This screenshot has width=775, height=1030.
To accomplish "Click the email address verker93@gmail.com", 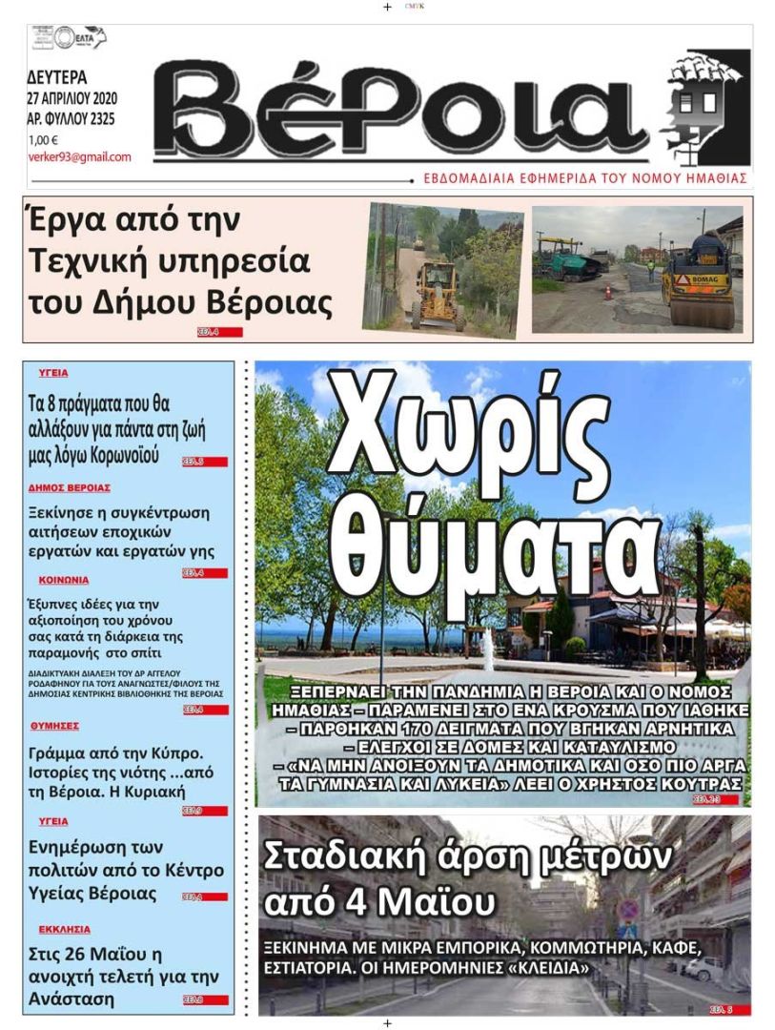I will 80,157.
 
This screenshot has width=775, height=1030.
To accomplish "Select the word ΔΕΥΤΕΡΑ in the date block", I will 58,77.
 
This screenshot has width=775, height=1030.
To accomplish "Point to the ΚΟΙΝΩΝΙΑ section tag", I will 64,580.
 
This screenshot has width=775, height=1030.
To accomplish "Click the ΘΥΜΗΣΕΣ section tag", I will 54,726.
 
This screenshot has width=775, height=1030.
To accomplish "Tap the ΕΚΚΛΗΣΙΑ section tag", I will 65,928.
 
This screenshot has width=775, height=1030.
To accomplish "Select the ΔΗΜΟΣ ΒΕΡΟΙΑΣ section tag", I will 69,487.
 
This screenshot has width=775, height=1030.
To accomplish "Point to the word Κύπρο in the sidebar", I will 177,752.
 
